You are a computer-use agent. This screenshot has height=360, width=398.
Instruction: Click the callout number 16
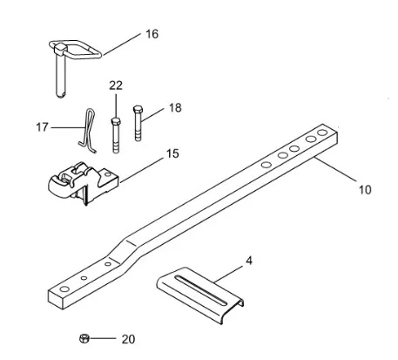pos(152,34)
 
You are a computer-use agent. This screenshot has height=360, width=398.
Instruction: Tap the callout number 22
pos(116,85)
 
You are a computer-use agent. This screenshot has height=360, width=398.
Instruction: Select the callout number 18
pos(175,108)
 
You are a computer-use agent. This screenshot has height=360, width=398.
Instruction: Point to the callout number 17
pos(42,127)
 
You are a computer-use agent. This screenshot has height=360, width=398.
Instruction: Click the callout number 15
pos(172,153)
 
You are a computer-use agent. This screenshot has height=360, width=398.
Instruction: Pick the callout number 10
pos(365,190)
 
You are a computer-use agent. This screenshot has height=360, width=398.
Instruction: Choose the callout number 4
pos(249,261)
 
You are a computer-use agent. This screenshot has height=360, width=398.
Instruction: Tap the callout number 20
pos(128,339)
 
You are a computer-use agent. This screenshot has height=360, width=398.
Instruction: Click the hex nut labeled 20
pos(84,338)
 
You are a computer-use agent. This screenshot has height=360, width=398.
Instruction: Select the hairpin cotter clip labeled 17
pos(87,131)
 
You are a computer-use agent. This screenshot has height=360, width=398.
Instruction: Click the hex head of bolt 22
pos(116,121)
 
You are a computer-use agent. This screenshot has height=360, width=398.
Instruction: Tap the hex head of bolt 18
pos(138,110)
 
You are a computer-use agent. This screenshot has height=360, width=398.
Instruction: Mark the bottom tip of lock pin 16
pos(60,96)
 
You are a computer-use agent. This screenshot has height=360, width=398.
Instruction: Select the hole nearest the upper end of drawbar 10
pos(322,132)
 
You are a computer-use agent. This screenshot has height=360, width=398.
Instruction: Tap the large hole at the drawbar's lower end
pos(64,289)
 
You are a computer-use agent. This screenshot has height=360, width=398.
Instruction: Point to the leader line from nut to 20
pos(103,338)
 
